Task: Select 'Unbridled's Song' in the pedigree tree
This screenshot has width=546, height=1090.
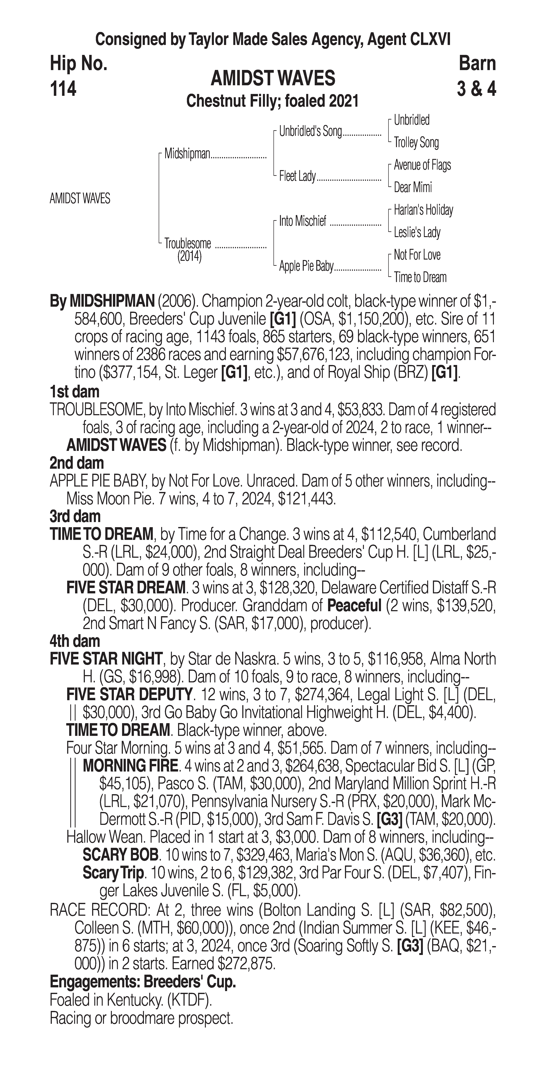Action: coord(310,132)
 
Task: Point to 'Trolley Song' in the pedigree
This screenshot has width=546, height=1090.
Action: coord(416,143)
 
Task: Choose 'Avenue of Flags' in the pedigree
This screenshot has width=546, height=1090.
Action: coord(422,165)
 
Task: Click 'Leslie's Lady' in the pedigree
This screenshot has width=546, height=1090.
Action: coord(417,232)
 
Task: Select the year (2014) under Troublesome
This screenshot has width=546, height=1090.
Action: coord(189,256)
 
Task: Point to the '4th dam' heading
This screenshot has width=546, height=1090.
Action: coord(75,641)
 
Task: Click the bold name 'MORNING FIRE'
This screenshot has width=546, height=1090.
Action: coord(130,765)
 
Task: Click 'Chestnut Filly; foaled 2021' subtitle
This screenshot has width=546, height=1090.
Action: coord(273,101)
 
